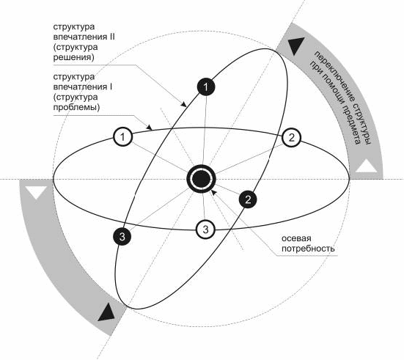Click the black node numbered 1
[x=206, y=87]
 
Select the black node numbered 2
[x=248, y=199]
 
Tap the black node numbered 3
[x=122, y=236]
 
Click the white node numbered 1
[x=122, y=137]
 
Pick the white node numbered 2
[x=291, y=137]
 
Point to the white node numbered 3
[x=205, y=229]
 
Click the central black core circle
[x=201, y=179]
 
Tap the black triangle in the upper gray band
[x=296, y=45]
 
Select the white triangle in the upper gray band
[x=366, y=166]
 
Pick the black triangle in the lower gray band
[x=106, y=312]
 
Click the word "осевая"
[x=296, y=238]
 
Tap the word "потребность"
[x=308, y=249]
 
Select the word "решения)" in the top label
[x=74, y=57]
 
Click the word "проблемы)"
[x=76, y=107]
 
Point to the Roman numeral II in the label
[x=111, y=37]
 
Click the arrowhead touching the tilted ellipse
[x=183, y=104]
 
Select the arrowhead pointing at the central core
[x=213, y=192]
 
